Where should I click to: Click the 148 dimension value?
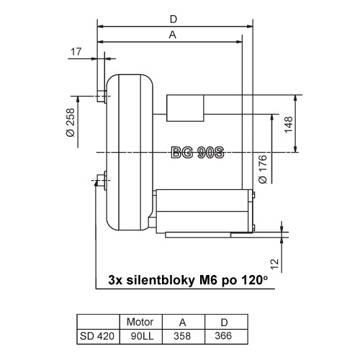287,123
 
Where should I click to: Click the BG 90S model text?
199,153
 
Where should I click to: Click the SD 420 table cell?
97,335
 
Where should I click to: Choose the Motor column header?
140,321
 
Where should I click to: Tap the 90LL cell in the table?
140,335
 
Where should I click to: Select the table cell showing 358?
183,335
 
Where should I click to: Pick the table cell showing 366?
225,335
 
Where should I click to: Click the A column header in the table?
183,321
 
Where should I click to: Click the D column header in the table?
225,321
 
